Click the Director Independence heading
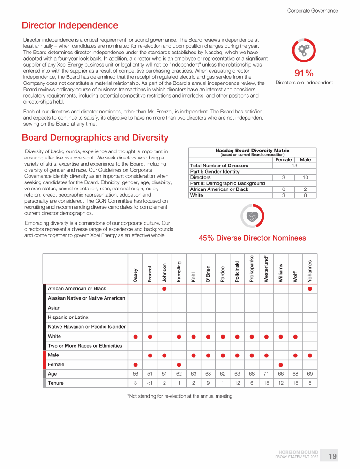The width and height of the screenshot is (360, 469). click(70, 25)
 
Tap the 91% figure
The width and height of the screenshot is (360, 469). click(304, 73)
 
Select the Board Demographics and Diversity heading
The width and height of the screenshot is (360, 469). click(95, 137)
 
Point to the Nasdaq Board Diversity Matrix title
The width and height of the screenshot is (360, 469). click(252, 151)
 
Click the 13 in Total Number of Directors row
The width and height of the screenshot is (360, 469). click(294, 166)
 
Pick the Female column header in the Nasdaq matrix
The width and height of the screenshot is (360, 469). click(283, 160)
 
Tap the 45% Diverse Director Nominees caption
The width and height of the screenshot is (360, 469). click(252, 238)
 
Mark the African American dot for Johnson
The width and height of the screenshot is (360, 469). click(165, 289)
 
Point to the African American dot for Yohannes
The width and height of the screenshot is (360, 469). click(310, 289)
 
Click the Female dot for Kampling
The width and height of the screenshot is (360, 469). click(179, 364)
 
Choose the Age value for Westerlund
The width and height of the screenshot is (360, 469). click(266, 374)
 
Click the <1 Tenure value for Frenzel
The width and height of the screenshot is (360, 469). click(150, 383)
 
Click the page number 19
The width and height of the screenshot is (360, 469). click(332, 456)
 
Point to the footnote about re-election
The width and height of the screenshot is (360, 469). click(180, 396)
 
